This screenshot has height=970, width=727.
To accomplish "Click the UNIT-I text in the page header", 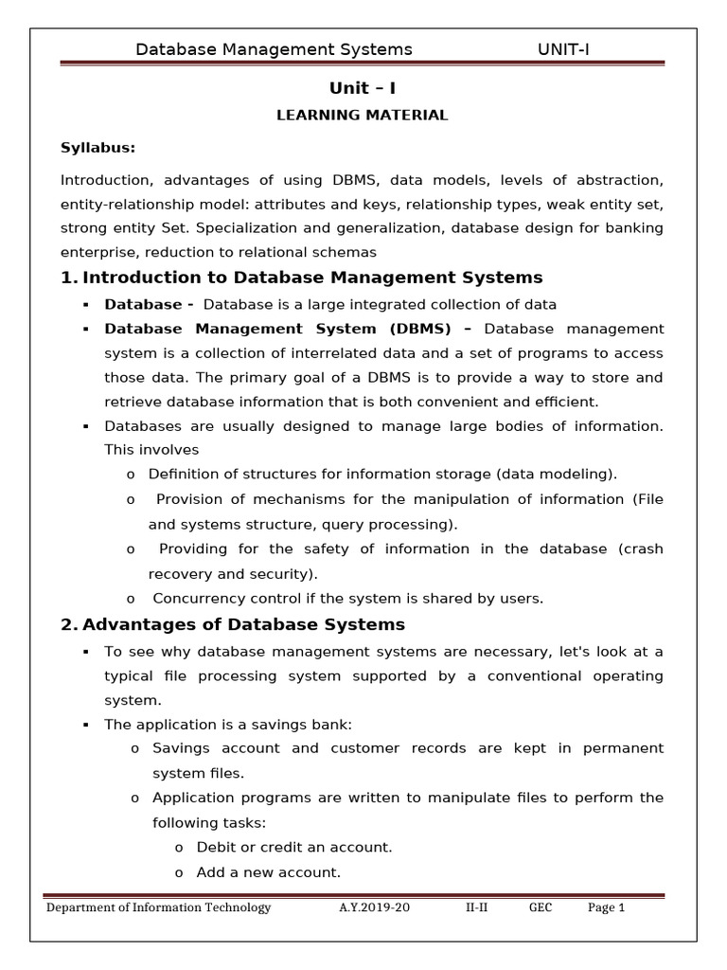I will pyautogui.click(x=562, y=49).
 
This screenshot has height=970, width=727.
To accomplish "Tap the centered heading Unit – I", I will pyautogui.click(x=363, y=88).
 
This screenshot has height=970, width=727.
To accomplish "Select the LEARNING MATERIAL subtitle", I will pyautogui.click(x=363, y=116).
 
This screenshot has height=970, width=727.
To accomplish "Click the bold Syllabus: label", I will pyautogui.click(x=98, y=147).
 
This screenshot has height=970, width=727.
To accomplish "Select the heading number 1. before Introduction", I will pyautogui.click(x=68, y=278).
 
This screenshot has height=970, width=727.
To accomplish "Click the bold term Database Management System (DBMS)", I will pyautogui.click(x=289, y=329).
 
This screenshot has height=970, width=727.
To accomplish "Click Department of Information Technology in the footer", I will pyautogui.click(x=159, y=907).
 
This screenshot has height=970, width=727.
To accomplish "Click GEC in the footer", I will pyautogui.click(x=540, y=907).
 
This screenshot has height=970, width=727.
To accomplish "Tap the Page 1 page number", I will pyautogui.click(x=607, y=907).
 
